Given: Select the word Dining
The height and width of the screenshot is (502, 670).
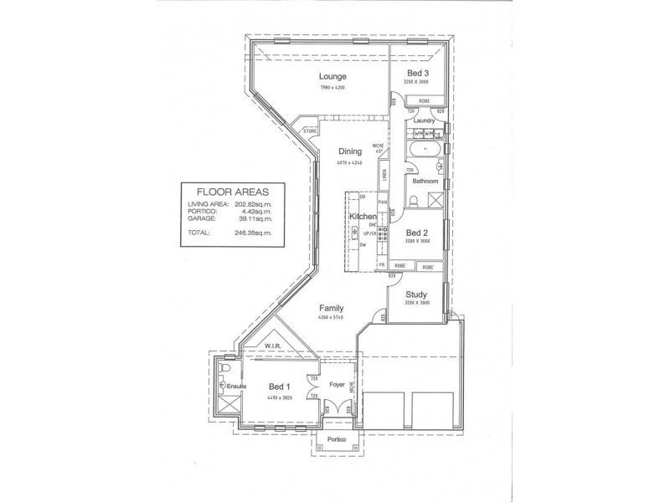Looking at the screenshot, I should pos(350,151).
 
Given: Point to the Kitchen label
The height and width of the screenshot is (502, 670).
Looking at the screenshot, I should pos(363,218).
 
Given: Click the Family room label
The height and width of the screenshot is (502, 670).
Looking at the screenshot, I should pos(331,308).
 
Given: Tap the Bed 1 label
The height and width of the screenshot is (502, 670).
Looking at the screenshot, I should pos(279,387).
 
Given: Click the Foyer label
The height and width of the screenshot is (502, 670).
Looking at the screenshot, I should pos(337,386).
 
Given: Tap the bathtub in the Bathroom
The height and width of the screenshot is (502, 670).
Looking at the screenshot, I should pos(427,152).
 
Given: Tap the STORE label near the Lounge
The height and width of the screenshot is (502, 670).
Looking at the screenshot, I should pos(310,131).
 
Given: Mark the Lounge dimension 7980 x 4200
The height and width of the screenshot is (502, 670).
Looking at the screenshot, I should pos(332,88).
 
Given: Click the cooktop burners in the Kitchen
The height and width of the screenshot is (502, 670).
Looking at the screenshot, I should pos(382,236).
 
